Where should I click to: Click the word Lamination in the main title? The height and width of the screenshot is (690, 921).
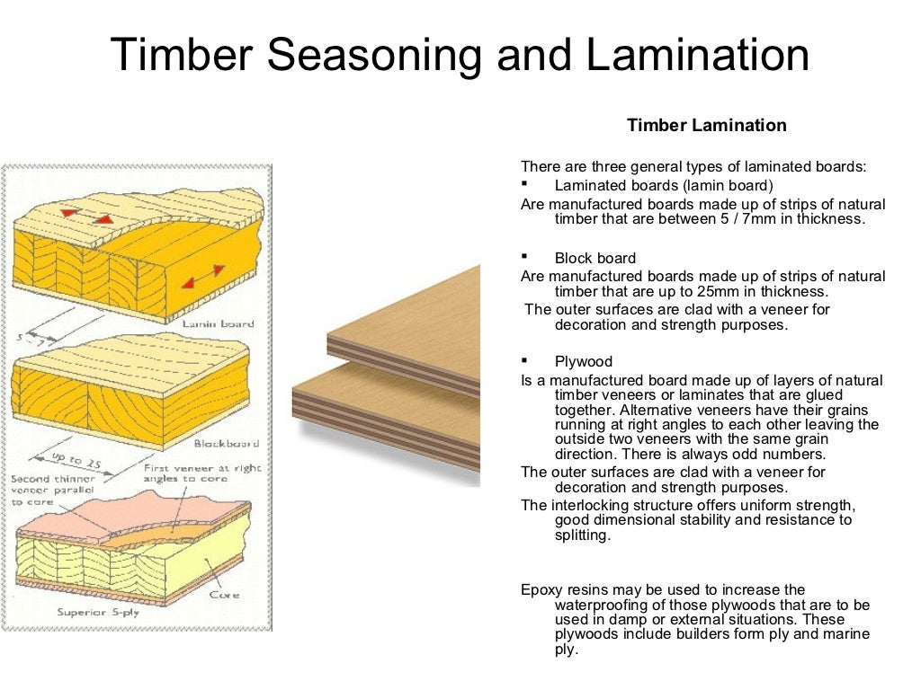pos(698,56)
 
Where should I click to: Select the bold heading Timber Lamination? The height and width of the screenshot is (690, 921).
pos(706,126)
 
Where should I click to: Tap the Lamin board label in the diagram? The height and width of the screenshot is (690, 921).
pos(218,323)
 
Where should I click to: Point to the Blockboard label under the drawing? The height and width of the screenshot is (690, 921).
pos(227,443)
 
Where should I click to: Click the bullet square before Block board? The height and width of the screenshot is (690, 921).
pos(524,256)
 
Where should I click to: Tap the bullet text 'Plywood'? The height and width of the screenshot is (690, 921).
pos(583,362)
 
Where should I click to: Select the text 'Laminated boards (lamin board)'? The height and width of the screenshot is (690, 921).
pos(663,186)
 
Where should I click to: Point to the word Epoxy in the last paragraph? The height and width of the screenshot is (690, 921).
pos(540,590)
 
